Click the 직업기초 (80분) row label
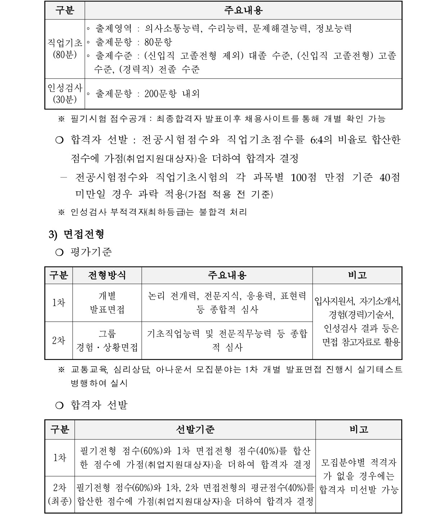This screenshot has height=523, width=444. pos(65,49)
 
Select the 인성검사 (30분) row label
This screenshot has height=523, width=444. pos(65,94)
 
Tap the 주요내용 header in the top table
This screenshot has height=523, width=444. pos(243,10)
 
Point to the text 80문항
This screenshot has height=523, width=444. pos(158,42)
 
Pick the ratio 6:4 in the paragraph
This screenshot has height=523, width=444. pos(317,140)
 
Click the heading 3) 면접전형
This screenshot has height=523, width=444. pos(76,234)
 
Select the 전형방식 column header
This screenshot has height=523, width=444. pos(107,275)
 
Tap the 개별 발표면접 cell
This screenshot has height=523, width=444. pos(107,303)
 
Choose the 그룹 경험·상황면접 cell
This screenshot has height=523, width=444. pos(107,341)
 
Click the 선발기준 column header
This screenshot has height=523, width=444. pos(195,429)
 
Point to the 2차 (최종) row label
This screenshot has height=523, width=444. pos(60,494)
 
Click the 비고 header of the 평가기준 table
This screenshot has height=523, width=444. pos(357,275)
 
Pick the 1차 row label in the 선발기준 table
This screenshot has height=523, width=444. pos(60,458)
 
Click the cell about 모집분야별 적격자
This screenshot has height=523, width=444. pos(359,476)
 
